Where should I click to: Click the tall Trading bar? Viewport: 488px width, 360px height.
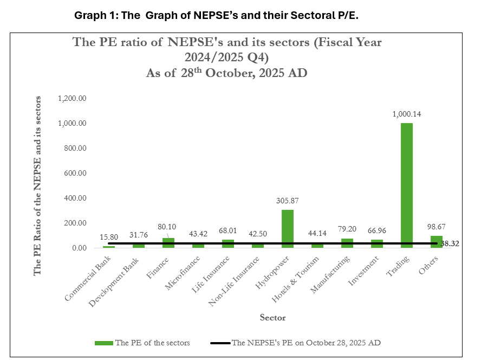[x=406, y=184]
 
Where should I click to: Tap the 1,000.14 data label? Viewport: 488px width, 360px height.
[x=407, y=114]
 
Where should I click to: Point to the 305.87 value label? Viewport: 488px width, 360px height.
[x=287, y=201]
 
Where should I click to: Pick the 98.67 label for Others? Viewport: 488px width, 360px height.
[x=436, y=227]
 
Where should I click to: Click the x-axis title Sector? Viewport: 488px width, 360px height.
[x=272, y=317]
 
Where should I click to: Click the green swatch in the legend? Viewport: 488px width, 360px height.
[x=104, y=343]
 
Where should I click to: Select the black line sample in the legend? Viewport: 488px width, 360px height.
[x=219, y=343]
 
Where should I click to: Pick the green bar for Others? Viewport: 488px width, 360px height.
[x=436, y=242]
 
